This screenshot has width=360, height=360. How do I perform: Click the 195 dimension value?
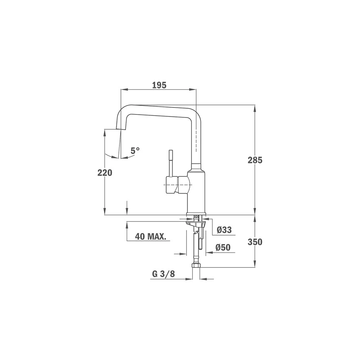coord(159,85)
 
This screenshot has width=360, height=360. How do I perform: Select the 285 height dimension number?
coord(255,160)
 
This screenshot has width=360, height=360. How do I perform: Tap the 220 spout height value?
coord(105,172)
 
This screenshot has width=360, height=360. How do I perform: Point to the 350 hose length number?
coord(255,242)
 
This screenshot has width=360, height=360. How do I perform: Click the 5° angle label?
coord(135,150)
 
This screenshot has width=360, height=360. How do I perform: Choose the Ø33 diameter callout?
coord(224,230)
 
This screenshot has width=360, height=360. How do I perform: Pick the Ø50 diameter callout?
coord(223,247)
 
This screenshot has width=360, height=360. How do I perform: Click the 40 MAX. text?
coord(150,236)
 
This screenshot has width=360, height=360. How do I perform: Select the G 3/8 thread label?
coord(163,274)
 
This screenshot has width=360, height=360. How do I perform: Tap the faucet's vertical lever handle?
coord(171,163)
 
